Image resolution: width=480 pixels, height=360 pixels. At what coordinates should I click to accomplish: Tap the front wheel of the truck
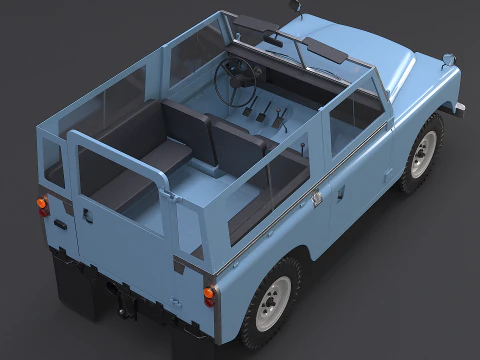click(423, 153)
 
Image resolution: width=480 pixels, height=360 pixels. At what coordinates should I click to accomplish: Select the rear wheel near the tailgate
click(273, 297)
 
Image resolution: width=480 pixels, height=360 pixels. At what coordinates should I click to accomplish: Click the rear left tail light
click(42, 205)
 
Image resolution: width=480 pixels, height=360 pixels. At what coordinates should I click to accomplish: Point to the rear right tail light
click(209, 295)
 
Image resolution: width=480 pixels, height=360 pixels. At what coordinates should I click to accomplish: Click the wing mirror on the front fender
click(447, 61)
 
